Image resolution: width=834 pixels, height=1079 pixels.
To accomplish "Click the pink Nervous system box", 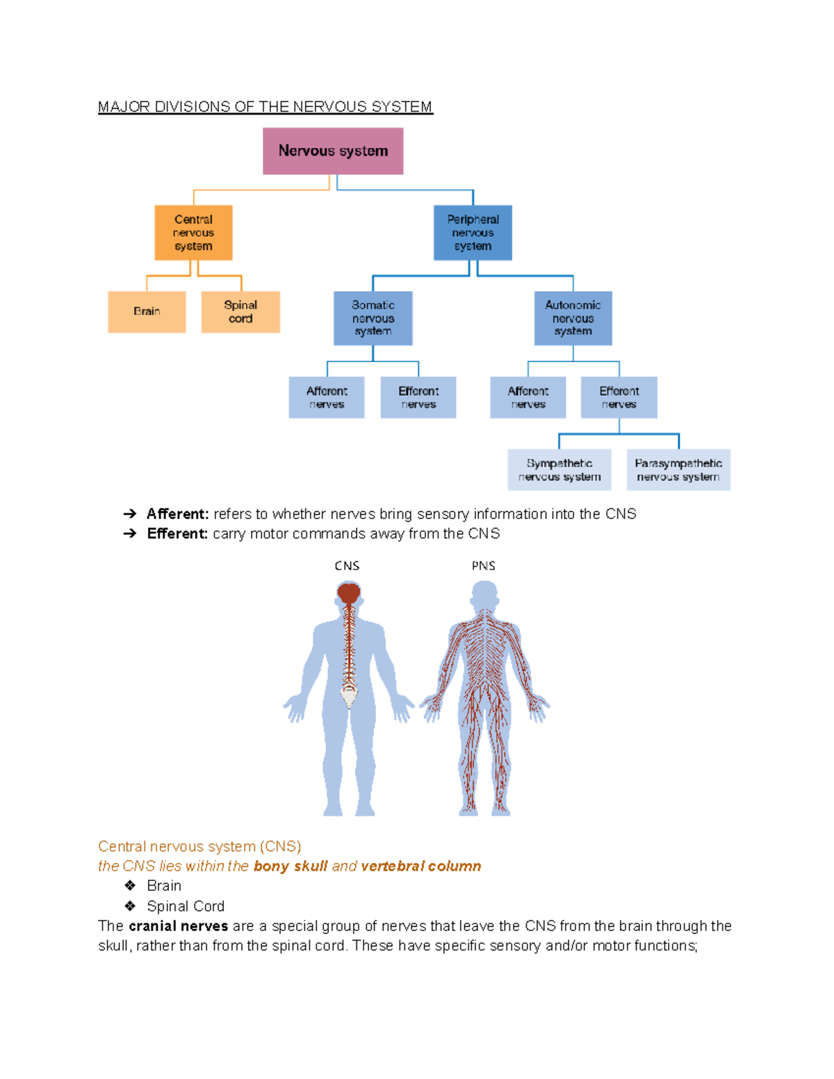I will pyautogui.click(x=333, y=151).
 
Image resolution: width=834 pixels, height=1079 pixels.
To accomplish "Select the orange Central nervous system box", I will pyautogui.click(x=193, y=233).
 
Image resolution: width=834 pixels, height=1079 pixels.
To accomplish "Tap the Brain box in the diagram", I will pyautogui.click(x=147, y=312).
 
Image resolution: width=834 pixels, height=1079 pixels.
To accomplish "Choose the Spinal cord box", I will pyautogui.click(x=240, y=312).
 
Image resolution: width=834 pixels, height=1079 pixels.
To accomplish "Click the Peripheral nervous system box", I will pyautogui.click(x=473, y=233).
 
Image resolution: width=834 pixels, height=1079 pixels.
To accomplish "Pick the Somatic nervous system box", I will pyautogui.click(x=373, y=318).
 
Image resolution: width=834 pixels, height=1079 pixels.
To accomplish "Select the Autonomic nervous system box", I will pyautogui.click(x=573, y=318).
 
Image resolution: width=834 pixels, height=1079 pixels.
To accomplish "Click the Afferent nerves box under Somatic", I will pyautogui.click(x=327, y=397).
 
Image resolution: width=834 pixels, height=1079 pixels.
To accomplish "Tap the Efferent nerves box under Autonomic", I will pyautogui.click(x=619, y=397).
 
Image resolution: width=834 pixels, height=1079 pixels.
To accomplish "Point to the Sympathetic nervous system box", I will pyautogui.click(x=559, y=470).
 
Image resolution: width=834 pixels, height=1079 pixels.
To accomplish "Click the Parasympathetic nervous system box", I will pyautogui.click(x=678, y=470).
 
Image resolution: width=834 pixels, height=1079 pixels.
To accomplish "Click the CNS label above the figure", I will pyautogui.click(x=347, y=566).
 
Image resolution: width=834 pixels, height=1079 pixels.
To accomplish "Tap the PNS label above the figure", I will pyautogui.click(x=484, y=566).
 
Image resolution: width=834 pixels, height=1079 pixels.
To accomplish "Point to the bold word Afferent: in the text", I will pyautogui.click(x=177, y=514).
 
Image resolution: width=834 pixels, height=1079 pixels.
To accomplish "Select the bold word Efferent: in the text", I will pyautogui.click(x=177, y=534).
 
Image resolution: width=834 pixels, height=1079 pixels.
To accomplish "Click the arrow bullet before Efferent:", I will pyautogui.click(x=130, y=534).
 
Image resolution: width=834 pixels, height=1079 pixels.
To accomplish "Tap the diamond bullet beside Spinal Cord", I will pyautogui.click(x=130, y=906).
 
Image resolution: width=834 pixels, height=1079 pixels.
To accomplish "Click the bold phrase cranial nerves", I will pyautogui.click(x=179, y=926).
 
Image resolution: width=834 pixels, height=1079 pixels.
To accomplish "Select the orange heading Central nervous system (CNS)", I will pyautogui.click(x=199, y=846).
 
